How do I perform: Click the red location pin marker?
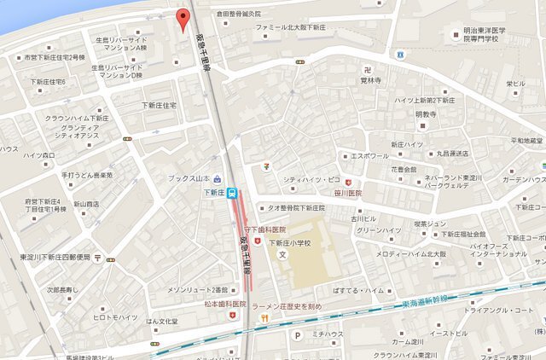click(182, 18)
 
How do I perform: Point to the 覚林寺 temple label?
click(369, 81)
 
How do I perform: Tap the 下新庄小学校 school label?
click(294, 241)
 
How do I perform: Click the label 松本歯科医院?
click(224, 304)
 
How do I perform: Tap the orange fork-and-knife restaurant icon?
click(265, 318)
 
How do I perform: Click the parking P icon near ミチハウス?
click(297, 335)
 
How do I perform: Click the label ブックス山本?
click(189, 178)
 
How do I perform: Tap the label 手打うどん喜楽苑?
click(86, 175)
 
